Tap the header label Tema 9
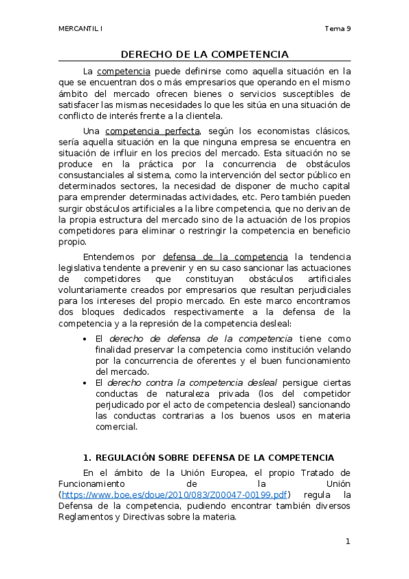pyautogui.click(x=337, y=29)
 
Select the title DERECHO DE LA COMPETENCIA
pyautogui.click(x=204, y=54)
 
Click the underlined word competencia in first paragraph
pyautogui.click(x=124, y=71)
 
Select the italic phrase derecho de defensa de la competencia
pyautogui.click(x=200, y=339)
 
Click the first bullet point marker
pyautogui.click(x=85, y=339)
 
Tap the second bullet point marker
pyautogui.click(x=85, y=384)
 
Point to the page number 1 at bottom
pyautogui.click(x=348, y=542)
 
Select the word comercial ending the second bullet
pyautogui.click(x=116, y=427)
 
